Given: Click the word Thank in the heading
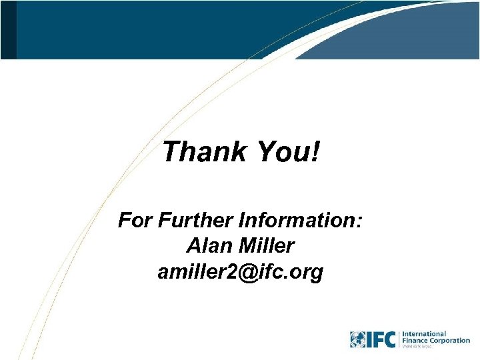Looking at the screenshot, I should click(x=201, y=152).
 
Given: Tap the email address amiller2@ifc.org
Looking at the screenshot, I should click(x=240, y=272).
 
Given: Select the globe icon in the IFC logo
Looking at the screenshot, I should click(x=360, y=339).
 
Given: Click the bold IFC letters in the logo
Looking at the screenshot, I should click(x=383, y=339).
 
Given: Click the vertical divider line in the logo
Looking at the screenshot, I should click(x=399, y=339).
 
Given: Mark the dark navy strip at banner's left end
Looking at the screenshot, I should click(x=8, y=29).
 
